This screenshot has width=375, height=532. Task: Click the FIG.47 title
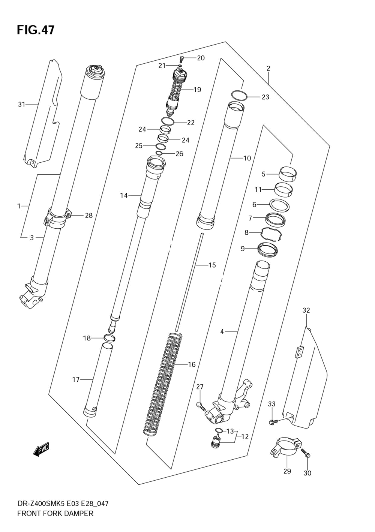click(36, 30)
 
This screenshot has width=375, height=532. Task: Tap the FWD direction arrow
click(41, 450)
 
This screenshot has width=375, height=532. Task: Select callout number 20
click(201, 58)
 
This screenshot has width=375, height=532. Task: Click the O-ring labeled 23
click(238, 95)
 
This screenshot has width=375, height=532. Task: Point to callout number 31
click(21, 104)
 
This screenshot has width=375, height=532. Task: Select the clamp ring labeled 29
click(285, 448)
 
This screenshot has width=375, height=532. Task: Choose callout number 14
click(124, 195)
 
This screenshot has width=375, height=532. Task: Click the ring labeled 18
click(109, 339)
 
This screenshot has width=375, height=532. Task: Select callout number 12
click(244, 437)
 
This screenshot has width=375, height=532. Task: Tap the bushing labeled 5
click(288, 173)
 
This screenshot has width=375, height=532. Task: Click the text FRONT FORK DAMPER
click(55, 513)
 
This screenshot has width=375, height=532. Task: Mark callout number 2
click(268, 69)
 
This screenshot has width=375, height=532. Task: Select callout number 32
click(306, 310)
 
